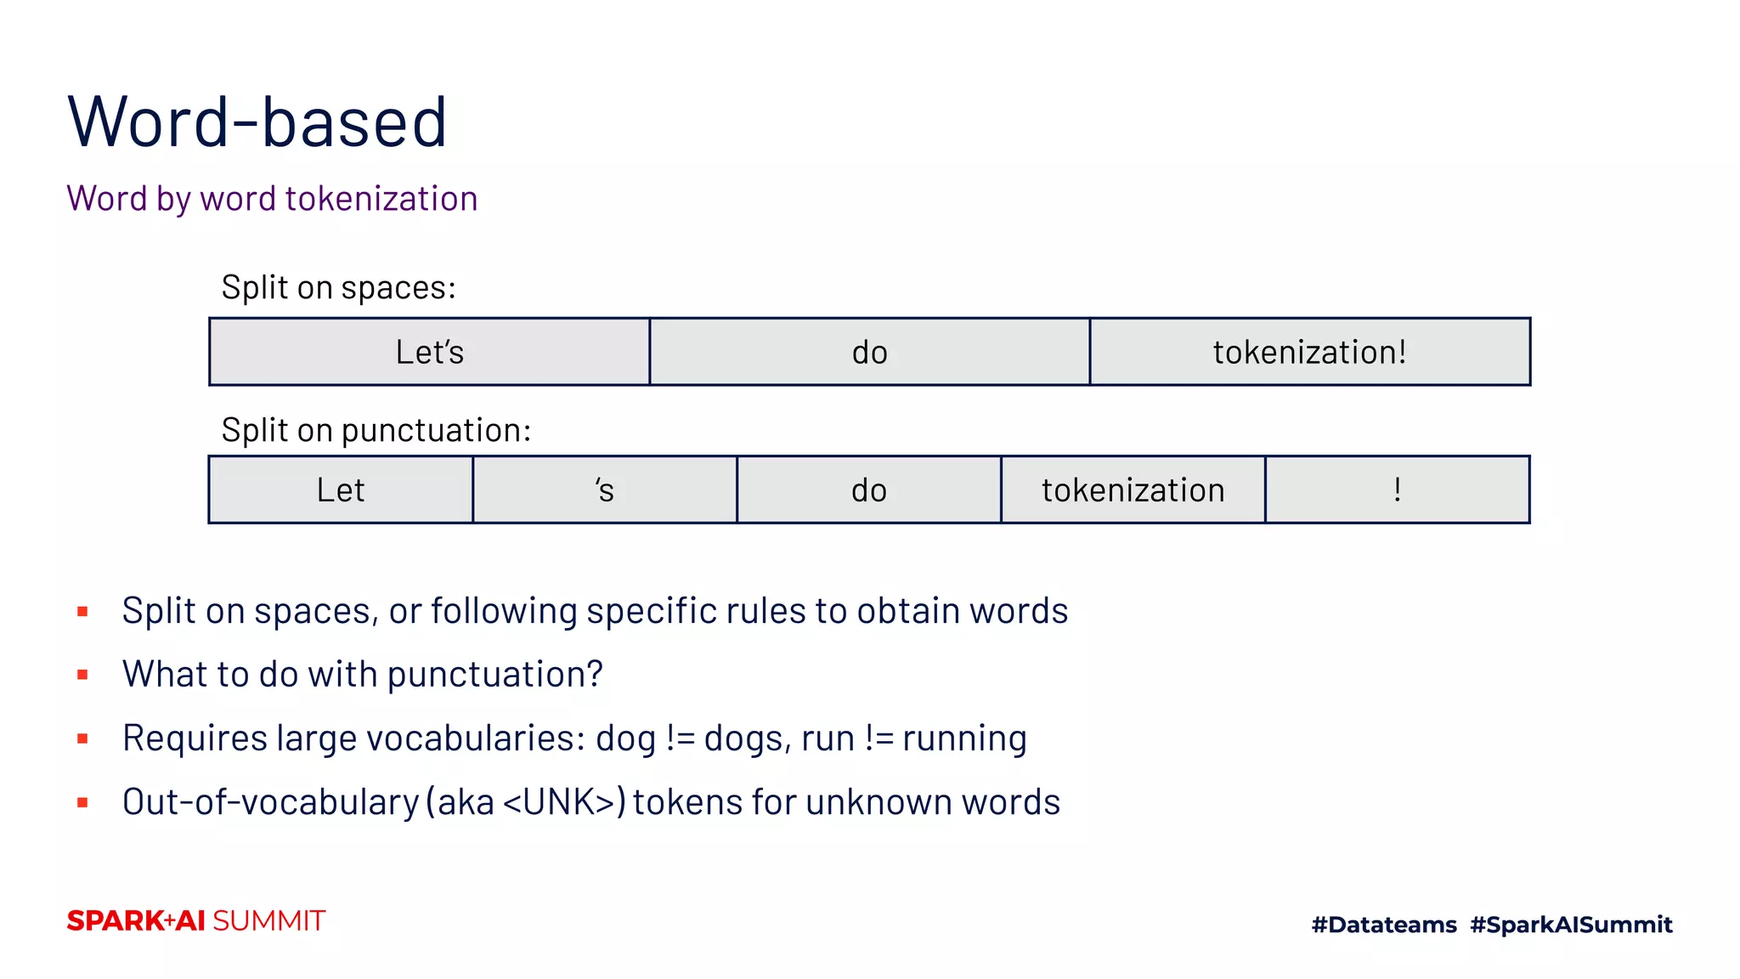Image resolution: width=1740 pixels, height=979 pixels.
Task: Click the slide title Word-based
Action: (257, 122)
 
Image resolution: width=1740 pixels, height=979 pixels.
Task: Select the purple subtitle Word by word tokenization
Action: (272, 199)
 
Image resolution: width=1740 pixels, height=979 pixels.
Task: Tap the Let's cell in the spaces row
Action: (429, 352)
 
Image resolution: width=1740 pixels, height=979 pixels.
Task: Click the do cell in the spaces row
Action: (869, 352)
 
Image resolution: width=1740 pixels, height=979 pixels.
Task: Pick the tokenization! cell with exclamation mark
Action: (1309, 352)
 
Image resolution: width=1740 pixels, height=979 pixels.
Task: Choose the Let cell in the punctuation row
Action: (341, 490)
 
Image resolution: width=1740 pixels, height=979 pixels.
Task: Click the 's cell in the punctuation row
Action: (604, 490)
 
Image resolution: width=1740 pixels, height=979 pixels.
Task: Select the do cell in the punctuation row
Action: (868, 490)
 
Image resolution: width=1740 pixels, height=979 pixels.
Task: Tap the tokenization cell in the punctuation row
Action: (1133, 490)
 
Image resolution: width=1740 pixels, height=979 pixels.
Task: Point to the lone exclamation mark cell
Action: (1397, 490)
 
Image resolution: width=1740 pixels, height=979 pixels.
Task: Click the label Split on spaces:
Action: (338, 288)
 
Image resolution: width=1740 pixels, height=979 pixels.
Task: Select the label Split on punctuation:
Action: (376, 431)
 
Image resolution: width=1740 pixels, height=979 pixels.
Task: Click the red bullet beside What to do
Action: (82, 675)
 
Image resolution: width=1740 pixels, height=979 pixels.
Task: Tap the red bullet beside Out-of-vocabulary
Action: (82, 802)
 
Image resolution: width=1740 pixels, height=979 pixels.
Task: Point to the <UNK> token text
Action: (558, 802)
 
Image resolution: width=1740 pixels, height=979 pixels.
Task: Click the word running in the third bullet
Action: (964, 738)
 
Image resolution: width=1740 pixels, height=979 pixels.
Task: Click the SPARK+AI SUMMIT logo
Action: (196, 921)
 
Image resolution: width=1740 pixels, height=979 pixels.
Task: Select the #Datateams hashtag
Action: (1384, 925)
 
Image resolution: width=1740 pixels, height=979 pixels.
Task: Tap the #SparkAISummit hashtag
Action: (1571, 925)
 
